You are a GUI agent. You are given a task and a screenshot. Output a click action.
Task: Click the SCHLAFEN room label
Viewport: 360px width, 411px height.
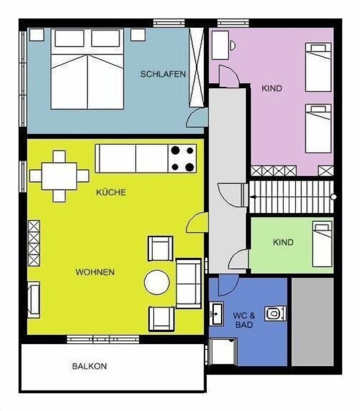pos(163,74)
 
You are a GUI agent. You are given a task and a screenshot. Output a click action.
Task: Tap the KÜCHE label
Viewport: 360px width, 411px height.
pos(111,193)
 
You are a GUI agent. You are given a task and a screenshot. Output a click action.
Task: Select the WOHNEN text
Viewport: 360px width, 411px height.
pos(95,272)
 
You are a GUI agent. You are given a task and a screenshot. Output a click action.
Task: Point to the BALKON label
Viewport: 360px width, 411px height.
pos(89,366)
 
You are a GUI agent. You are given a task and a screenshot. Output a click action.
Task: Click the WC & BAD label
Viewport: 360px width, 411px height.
pos(244,320)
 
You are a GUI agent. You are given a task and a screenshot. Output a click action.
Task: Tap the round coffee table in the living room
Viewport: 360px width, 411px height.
pos(157,282)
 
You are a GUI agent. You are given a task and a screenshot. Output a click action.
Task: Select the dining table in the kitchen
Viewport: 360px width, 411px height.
pos(59,176)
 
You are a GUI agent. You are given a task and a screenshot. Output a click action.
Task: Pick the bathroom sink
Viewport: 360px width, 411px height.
pos(217,313)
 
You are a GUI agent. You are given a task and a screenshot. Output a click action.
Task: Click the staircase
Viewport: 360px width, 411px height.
pos(291,196)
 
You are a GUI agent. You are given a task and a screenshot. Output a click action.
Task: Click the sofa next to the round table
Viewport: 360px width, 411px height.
pos(189,283)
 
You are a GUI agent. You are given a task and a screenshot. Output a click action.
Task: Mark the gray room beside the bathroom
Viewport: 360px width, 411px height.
pos(312,321)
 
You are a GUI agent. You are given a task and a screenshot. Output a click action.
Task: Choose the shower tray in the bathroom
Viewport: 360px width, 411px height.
pos(223,351)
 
